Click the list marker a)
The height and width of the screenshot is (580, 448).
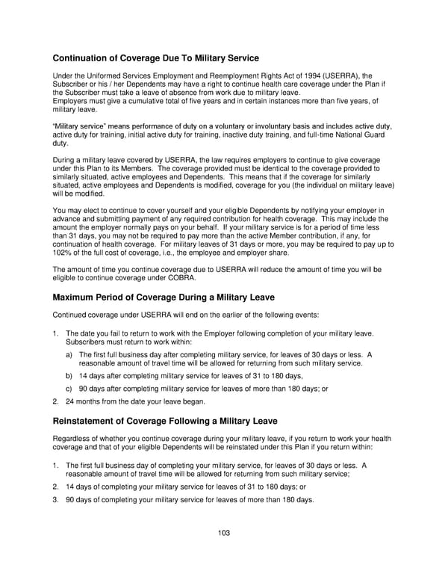69,354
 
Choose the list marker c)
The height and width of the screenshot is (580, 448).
69,389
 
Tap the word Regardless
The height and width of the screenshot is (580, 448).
73,438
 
